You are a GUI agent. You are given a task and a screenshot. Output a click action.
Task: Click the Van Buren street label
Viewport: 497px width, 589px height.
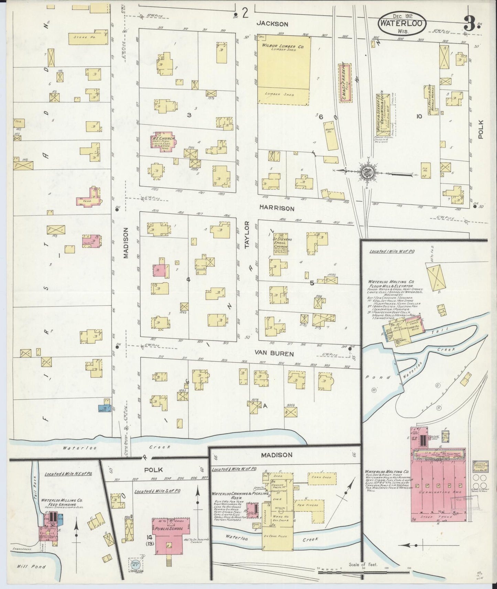coord(274,353)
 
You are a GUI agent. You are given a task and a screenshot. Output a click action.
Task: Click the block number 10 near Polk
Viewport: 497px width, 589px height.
coord(419,116)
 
